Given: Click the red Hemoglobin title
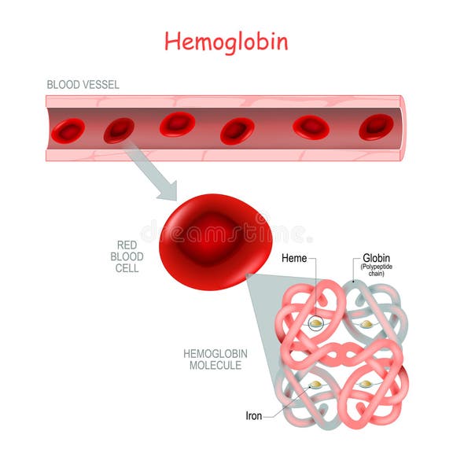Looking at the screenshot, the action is click(x=226, y=42).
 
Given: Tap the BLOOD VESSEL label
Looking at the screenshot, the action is click(x=83, y=85).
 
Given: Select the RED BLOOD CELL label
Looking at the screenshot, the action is click(x=127, y=256).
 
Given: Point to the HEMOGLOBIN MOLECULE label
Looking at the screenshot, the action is click(x=215, y=359).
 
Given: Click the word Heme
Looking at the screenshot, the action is click(x=294, y=258).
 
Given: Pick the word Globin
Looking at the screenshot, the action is click(x=376, y=258).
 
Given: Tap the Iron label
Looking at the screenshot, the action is click(x=254, y=416).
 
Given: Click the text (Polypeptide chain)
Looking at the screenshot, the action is click(x=376, y=270).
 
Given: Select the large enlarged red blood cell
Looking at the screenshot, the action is click(x=215, y=242).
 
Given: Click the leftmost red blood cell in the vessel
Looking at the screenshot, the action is click(x=68, y=131).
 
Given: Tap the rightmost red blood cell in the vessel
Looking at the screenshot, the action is click(x=376, y=127).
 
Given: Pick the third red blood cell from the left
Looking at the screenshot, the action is click(x=178, y=124).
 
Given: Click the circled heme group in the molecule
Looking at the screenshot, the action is click(x=316, y=323).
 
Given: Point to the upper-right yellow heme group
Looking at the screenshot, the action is click(x=366, y=325).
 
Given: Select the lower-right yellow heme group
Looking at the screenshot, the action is click(x=366, y=384).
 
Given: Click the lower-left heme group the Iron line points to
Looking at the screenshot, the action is click(x=315, y=385).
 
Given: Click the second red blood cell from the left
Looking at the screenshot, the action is click(x=119, y=131).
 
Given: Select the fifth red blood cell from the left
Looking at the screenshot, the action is click(x=311, y=127).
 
